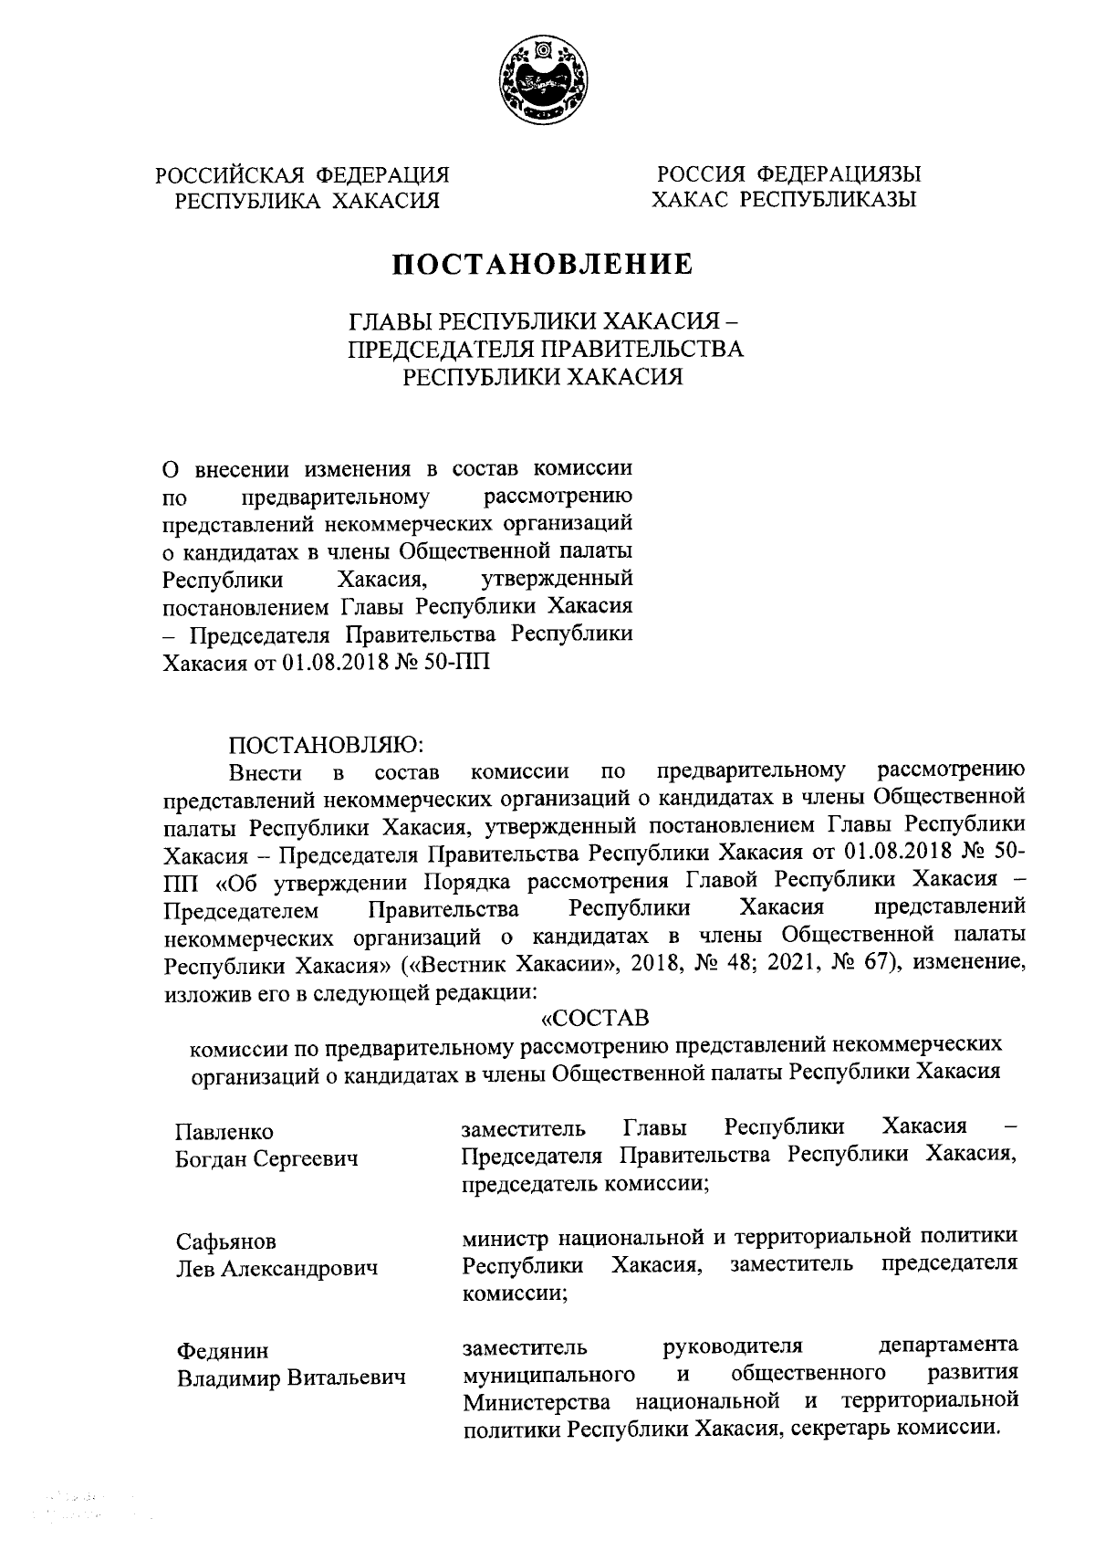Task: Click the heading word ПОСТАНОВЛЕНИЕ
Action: (x=543, y=265)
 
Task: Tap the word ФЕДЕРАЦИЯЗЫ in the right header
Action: (x=839, y=173)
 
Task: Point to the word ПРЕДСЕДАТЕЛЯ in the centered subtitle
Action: (x=440, y=349)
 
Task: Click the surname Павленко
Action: (x=224, y=1133)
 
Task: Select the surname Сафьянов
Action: (x=226, y=1242)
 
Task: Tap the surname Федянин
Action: (x=223, y=1351)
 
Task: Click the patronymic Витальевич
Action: (x=350, y=1377)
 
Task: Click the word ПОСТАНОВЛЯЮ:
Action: (x=324, y=745)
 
